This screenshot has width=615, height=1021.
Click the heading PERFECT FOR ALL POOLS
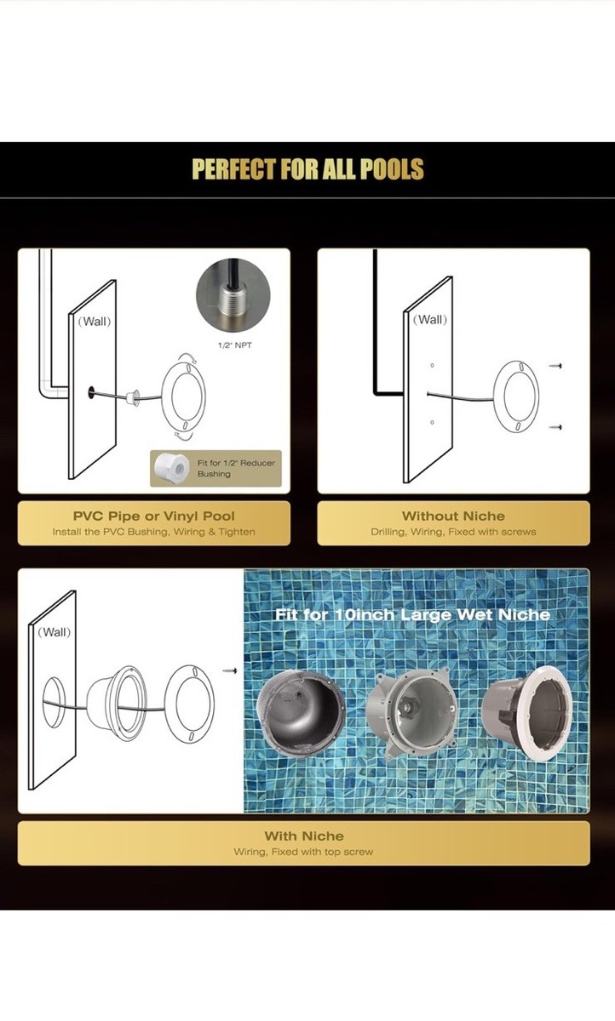pos(308,168)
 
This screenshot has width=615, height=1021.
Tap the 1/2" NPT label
pos(234,345)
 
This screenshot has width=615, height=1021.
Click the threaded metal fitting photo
pos(233,296)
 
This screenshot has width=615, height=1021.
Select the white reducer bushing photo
pos(171,468)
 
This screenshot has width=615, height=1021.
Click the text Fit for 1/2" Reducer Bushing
pos(236,468)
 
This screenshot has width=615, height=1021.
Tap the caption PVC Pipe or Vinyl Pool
pos(153,516)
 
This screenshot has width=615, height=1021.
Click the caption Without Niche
pos(453,516)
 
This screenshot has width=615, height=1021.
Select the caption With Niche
pos(304,836)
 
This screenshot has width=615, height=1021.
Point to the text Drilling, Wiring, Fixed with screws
pos(453,532)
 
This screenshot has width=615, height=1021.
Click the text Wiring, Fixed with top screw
pos(304,852)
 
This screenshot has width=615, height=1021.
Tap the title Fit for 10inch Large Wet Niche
pos(412,615)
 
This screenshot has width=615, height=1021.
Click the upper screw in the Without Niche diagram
pos(555,366)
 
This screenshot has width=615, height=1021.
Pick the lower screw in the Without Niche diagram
pos(555,427)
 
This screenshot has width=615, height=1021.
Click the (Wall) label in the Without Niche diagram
pos(430,320)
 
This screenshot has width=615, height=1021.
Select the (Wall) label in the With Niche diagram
pos(55,632)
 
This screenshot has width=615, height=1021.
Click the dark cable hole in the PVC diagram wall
pos(91,393)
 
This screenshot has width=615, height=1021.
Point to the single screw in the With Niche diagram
pos(230,670)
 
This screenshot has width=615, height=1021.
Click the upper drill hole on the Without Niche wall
pos(432,365)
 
